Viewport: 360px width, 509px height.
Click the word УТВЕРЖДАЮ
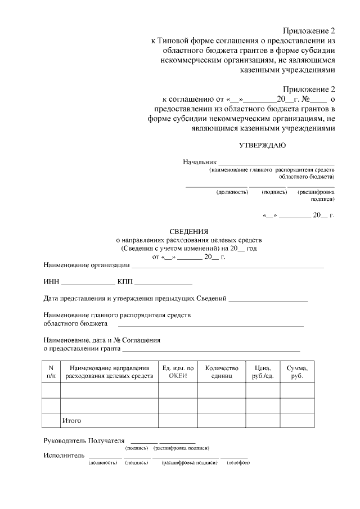coord(262,145)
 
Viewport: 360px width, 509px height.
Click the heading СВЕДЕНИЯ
coord(189,231)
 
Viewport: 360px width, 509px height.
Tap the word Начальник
coord(200,162)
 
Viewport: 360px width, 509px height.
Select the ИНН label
coord(51,281)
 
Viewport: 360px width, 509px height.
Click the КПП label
coord(125,281)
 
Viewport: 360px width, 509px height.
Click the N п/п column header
coord(51,372)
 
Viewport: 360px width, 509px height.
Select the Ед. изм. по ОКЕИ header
coord(178,372)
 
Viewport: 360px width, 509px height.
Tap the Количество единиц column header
coord(222,372)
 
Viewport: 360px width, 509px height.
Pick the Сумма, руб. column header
coord(297,372)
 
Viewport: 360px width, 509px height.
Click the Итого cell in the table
coord(72,420)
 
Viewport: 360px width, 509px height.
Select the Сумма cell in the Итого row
coord(297,420)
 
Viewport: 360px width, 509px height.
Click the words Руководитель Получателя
coord(84,440)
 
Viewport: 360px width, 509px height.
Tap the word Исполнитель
coord(64,455)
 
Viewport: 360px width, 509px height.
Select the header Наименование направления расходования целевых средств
coord(109,372)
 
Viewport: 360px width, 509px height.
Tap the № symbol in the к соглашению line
coord(307,99)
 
